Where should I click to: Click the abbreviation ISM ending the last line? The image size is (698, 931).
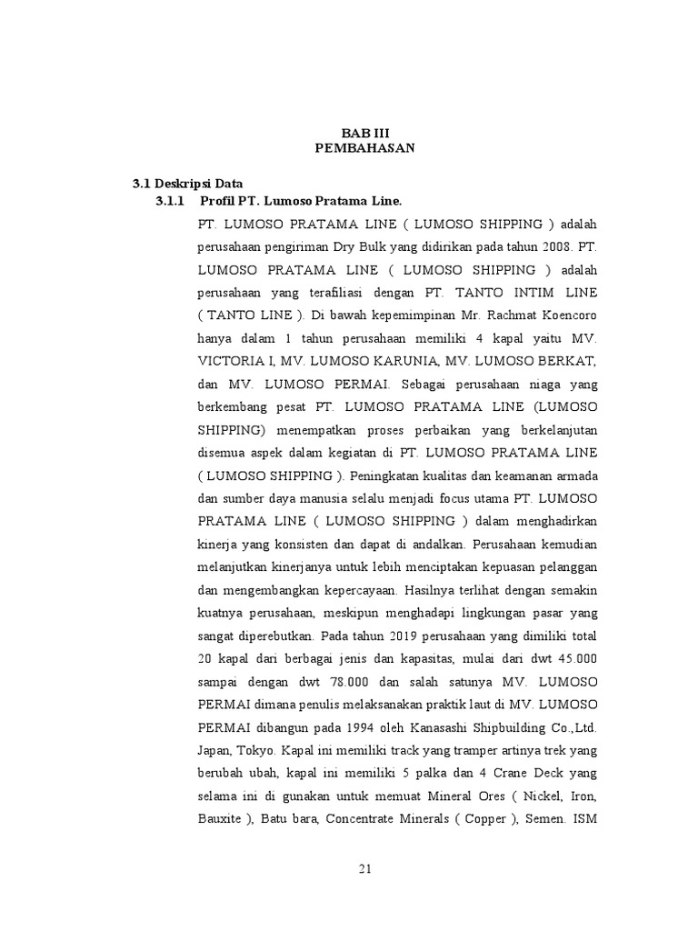click(x=584, y=818)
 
